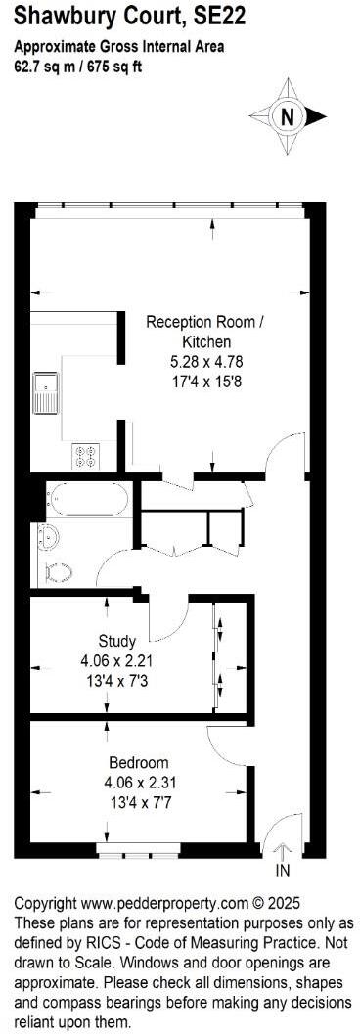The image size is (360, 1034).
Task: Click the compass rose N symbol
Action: tap(287, 116)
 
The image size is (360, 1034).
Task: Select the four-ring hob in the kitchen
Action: tap(85, 455)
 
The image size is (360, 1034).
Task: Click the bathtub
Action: tap(88, 500)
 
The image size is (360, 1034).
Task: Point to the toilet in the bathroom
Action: tap(58, 571)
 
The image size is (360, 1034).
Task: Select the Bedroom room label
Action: tap(138, 762)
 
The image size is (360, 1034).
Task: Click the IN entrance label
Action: tap(283, 870)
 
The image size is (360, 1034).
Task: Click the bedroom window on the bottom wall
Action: tap(137, 846)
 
